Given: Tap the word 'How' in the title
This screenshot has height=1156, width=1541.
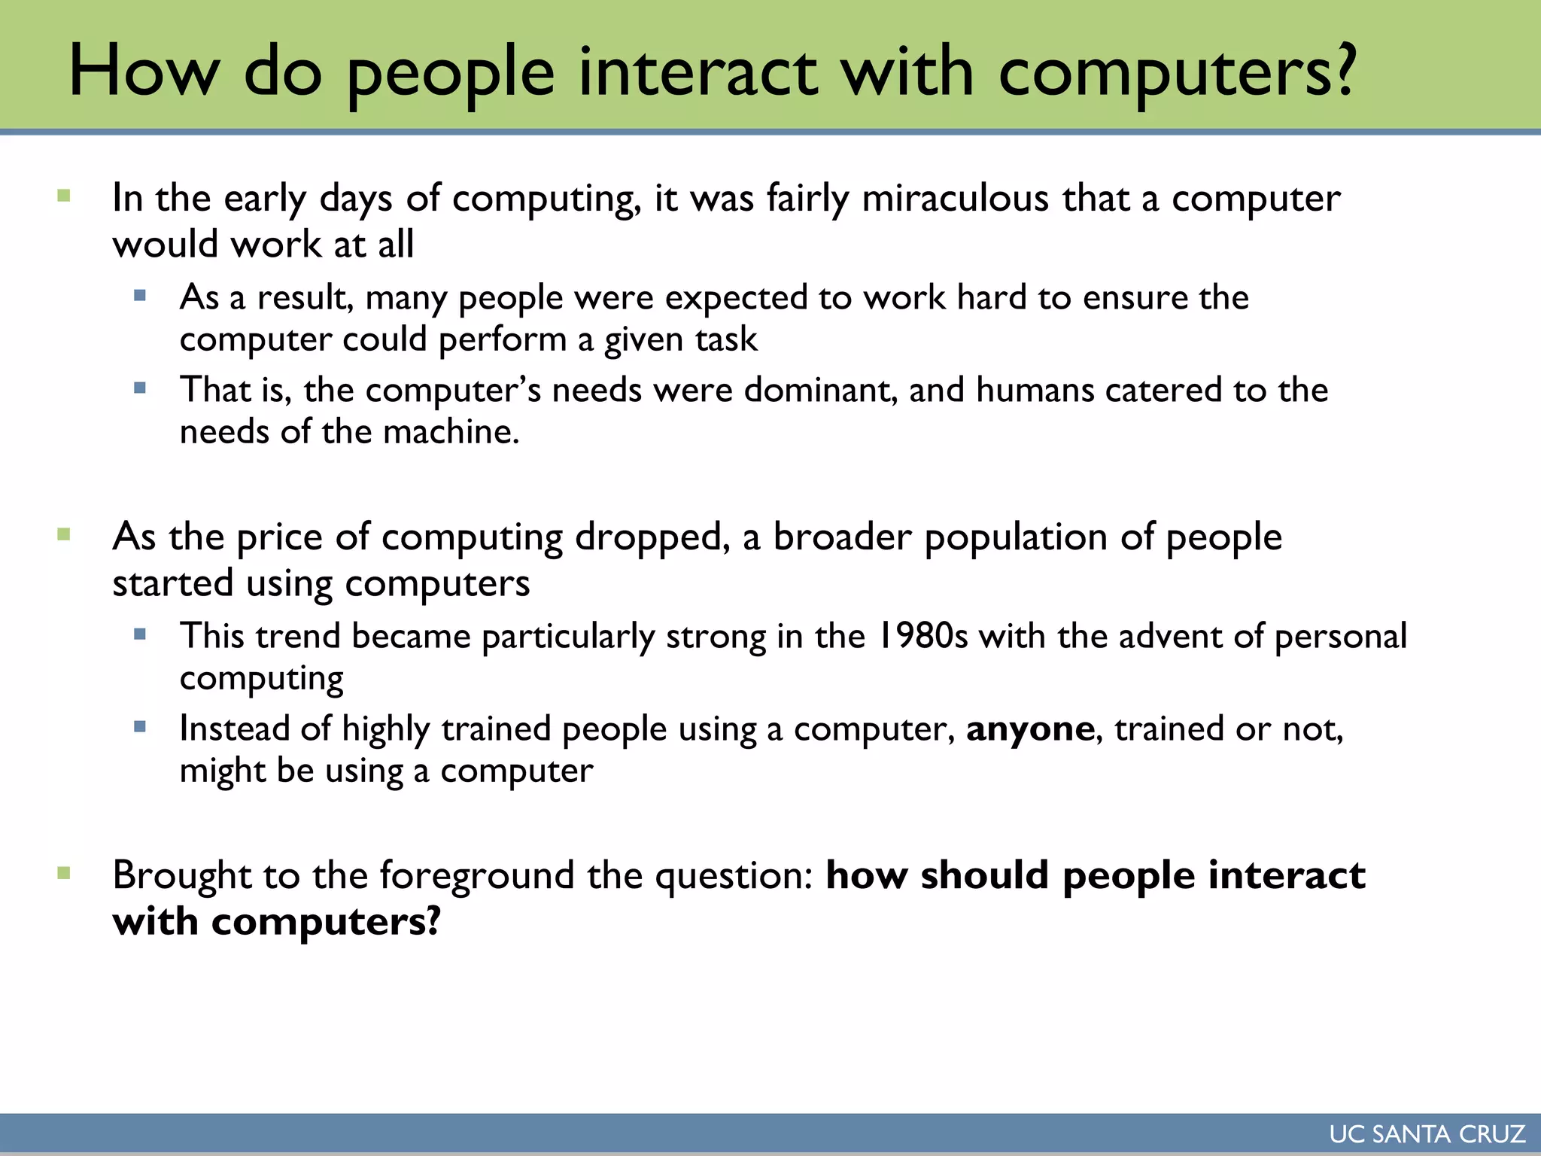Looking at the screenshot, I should (144, 71).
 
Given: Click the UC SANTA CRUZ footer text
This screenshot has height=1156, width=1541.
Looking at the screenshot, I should (1427, 1134).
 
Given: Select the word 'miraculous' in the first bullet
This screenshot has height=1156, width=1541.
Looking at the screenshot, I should (955, 199).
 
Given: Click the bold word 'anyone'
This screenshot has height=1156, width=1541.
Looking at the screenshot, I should (1029, 729).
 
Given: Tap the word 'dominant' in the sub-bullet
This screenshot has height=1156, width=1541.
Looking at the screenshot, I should (820, 391).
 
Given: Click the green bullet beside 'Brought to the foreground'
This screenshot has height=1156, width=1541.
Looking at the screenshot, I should (64, 874).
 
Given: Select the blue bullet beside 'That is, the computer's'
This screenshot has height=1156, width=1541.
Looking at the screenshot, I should (140, 388).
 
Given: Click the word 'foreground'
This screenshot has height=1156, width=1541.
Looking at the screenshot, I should (476, 876).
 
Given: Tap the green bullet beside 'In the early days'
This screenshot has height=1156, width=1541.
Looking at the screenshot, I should (64, 196).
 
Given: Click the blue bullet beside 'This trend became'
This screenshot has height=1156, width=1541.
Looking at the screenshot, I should (140, 634).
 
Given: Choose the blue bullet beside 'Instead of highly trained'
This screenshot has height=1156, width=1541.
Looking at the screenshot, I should (140, 727).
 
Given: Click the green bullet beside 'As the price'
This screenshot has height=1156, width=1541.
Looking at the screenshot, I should (64, 535).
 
